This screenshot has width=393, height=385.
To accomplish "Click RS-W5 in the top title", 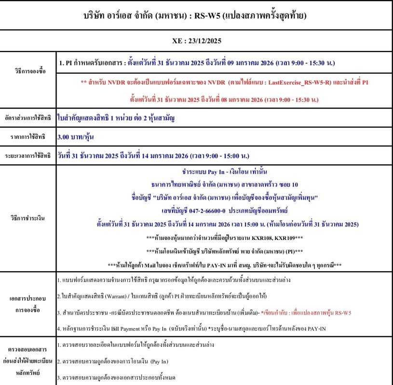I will pyautogui.click(x=207, y=15).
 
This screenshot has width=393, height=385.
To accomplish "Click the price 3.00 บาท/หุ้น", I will pyautogui.click(x=75, y=137).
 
